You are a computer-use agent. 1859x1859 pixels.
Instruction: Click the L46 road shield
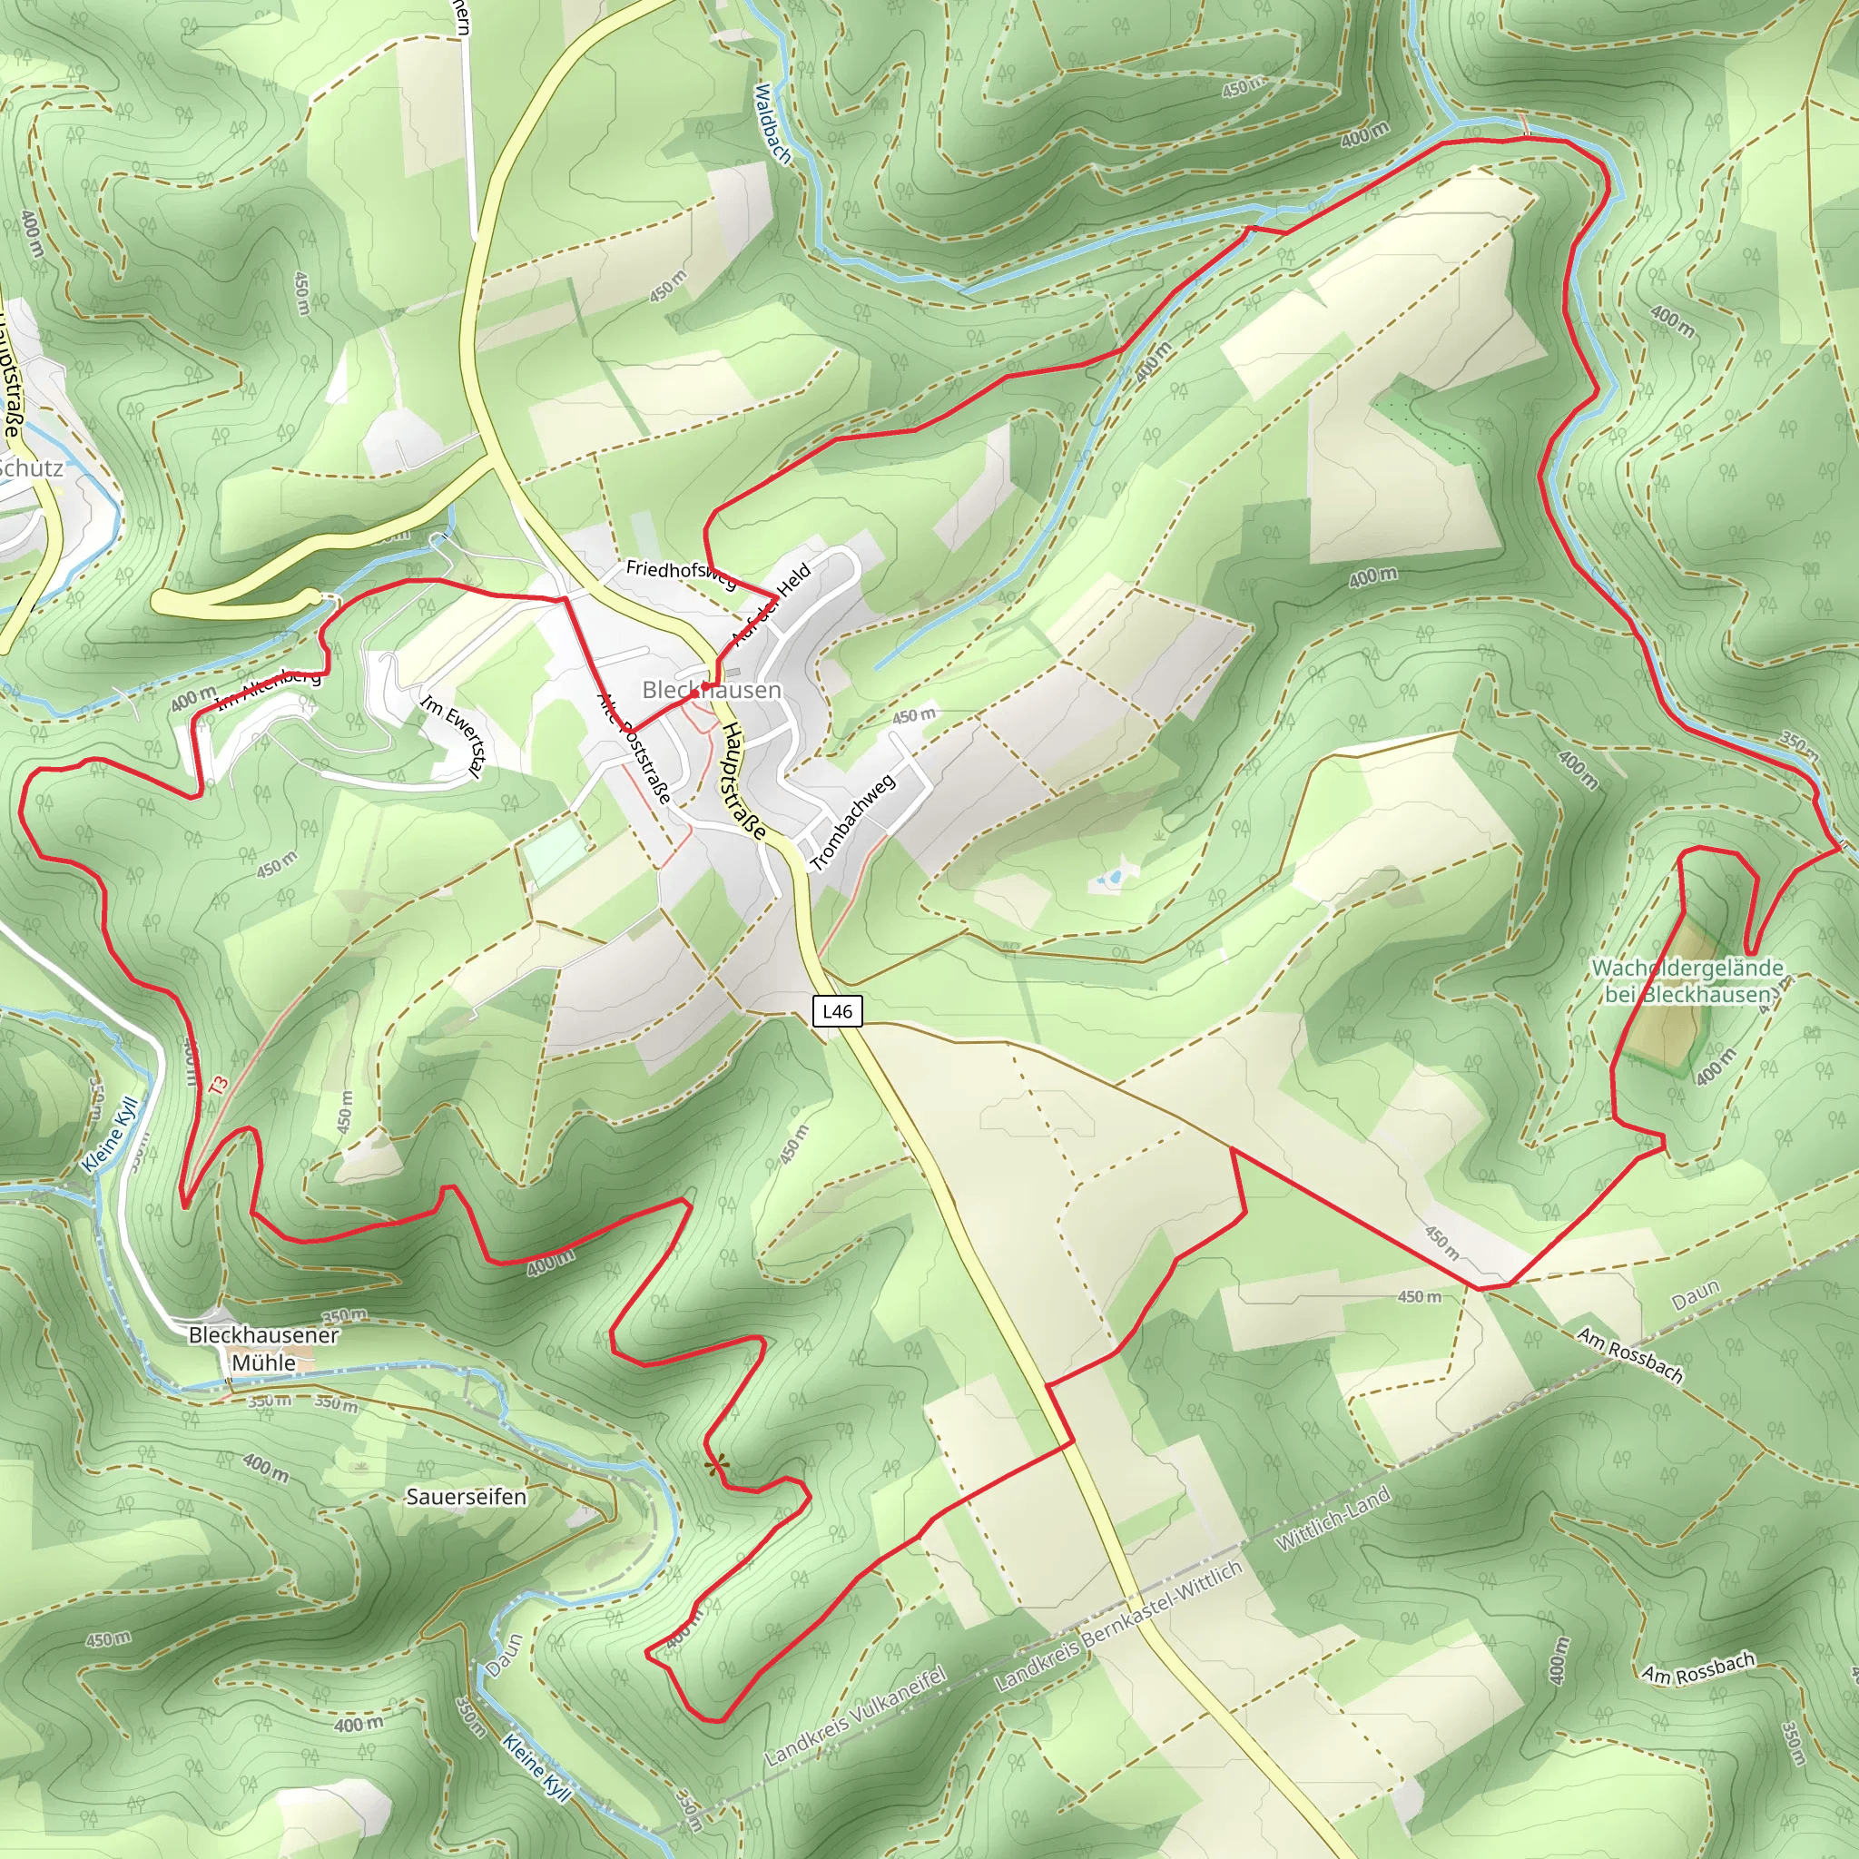click(837, 1010)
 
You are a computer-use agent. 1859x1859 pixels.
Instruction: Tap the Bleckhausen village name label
click(711, 690)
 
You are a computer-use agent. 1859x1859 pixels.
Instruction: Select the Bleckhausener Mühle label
click(262, 1348)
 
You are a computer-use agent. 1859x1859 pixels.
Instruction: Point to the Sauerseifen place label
click(466, 1496)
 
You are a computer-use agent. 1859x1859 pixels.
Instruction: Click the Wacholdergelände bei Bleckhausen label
click(1687, 980)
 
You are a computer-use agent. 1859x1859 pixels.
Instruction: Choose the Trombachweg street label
click(852, 821)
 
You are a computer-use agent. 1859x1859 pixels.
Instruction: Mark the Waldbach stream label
click(772, 123)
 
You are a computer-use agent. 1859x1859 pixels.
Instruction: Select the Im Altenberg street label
click(269, 688)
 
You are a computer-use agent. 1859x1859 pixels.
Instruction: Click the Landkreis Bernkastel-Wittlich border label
click(1118, 1626)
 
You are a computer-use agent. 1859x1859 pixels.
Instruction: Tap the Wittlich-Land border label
click(1333, 1518)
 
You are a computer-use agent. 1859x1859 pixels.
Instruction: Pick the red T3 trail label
click(220, 1086)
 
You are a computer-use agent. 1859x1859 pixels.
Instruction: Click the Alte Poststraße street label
click(634, 749)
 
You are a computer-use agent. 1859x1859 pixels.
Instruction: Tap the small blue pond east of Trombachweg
click(1110, 878)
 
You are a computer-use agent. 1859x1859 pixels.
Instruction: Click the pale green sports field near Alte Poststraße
click(556, 853)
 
